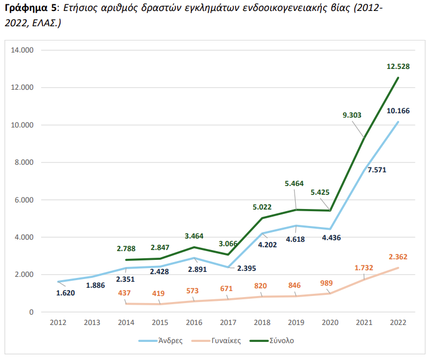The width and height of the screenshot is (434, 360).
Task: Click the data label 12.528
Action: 398,66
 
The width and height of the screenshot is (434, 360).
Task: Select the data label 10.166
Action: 398,111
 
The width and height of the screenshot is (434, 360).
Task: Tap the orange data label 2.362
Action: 398,257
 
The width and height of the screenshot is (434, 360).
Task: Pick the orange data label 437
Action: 125,293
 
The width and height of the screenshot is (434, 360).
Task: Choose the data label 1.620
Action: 65,293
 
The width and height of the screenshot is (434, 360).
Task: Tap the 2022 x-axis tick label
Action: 398,323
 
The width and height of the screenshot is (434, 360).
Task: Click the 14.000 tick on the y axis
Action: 23,50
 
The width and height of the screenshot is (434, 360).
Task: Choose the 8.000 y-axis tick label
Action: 25,162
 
